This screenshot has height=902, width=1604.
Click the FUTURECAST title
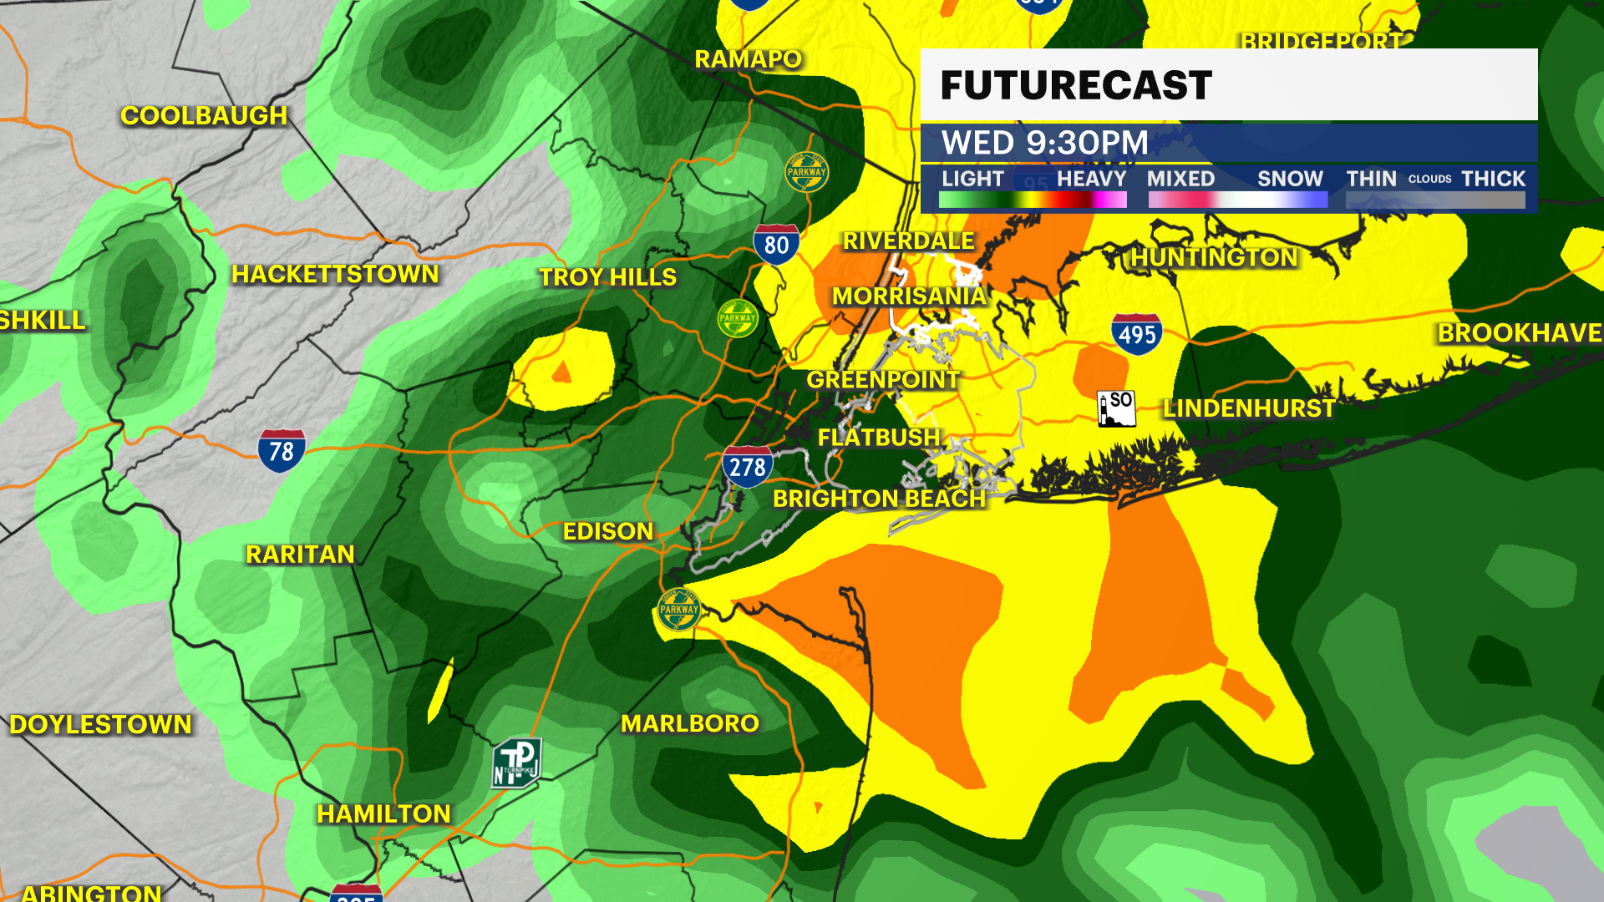[x=1076, y=85]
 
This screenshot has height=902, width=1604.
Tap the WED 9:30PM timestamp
[x=1045, y=143]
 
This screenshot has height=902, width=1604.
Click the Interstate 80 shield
[x=776, y=244]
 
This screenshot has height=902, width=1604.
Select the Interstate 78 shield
[x=282, y=451]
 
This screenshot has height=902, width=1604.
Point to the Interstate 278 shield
[x=747, y=467]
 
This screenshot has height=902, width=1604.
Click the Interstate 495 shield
[x=1137, y=334]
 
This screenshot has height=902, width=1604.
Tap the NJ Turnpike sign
[x=517, y=763]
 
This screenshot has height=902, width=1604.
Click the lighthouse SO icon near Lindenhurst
[x=1116, y=408]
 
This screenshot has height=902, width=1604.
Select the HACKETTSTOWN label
[x=335, y=274]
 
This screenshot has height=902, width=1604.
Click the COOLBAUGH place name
[x=204, y=115]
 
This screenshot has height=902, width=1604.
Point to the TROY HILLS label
[x=607, y=277]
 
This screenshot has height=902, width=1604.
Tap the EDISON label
[x=607, y=531]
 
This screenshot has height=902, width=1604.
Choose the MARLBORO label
[x=690, y=723]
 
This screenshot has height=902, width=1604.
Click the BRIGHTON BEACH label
[x=879, y=499]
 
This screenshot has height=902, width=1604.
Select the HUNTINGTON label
[x=1214, y=258]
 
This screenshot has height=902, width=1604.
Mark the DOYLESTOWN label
[x=100, y=724]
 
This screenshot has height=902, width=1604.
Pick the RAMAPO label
[x=748, y=59]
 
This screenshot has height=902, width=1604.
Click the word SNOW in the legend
[x=1290, y=179]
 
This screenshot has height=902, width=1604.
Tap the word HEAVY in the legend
[x=1091, y=179]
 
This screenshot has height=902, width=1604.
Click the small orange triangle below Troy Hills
[x=562, y=372]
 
